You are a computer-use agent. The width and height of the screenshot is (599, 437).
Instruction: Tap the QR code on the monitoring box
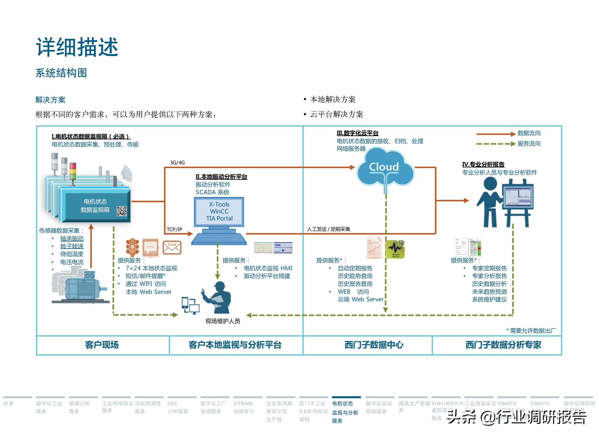(x=122, y=211)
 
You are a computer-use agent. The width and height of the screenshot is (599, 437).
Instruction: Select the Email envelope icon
(x=172, y=247)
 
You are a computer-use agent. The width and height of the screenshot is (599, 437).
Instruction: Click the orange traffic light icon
(x=132, y=247)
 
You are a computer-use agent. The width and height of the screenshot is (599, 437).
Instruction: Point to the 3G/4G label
(x=177, y=163)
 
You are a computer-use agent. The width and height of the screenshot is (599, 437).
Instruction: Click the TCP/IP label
(x=174, y=229)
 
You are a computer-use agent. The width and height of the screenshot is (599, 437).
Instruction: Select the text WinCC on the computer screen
(x=219, y=211)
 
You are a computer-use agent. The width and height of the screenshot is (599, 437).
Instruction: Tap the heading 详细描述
(x=77, y=47)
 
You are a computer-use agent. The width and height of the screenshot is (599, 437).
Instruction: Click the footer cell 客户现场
(x=102, y=345)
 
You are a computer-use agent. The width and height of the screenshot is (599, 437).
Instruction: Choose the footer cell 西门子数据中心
(x=374, y=345)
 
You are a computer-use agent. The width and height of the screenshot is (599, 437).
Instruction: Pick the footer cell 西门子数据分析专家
(x=503, y=345)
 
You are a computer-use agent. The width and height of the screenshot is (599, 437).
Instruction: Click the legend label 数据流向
(x=529, y=133)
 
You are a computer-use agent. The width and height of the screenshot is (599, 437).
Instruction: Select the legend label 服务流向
(x=529, y=144)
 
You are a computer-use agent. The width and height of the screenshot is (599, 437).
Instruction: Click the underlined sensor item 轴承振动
(x=72, y=238)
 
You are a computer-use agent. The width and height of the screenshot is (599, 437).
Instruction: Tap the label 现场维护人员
(x=223, y=321)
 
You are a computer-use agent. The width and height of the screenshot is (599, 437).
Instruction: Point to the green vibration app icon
(x=395, y=249)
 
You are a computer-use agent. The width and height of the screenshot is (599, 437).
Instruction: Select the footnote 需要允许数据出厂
(x=533, y=330)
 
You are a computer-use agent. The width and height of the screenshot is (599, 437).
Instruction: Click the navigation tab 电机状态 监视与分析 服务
(x=345, y=412)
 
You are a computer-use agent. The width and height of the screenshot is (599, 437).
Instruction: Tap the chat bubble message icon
(x=151, y=247)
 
